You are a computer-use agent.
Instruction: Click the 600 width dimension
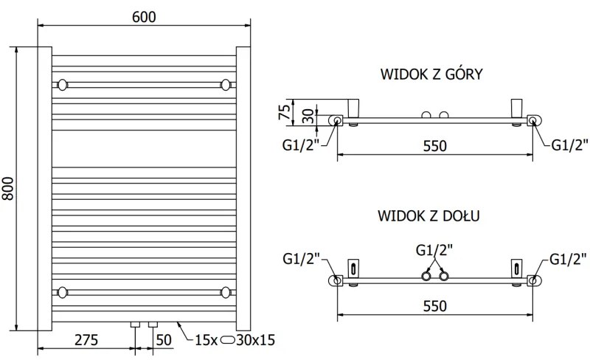(145, 17)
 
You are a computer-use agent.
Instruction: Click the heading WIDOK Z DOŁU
(431, 215)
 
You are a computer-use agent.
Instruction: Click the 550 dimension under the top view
(434, 145)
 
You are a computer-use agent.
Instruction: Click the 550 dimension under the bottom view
(434, 306)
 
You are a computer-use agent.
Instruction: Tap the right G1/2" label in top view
(569, 145)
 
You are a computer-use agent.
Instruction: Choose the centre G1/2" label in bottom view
(434, 249)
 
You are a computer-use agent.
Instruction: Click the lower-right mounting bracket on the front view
(226, 291)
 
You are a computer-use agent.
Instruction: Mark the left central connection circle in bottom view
(426, 277)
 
